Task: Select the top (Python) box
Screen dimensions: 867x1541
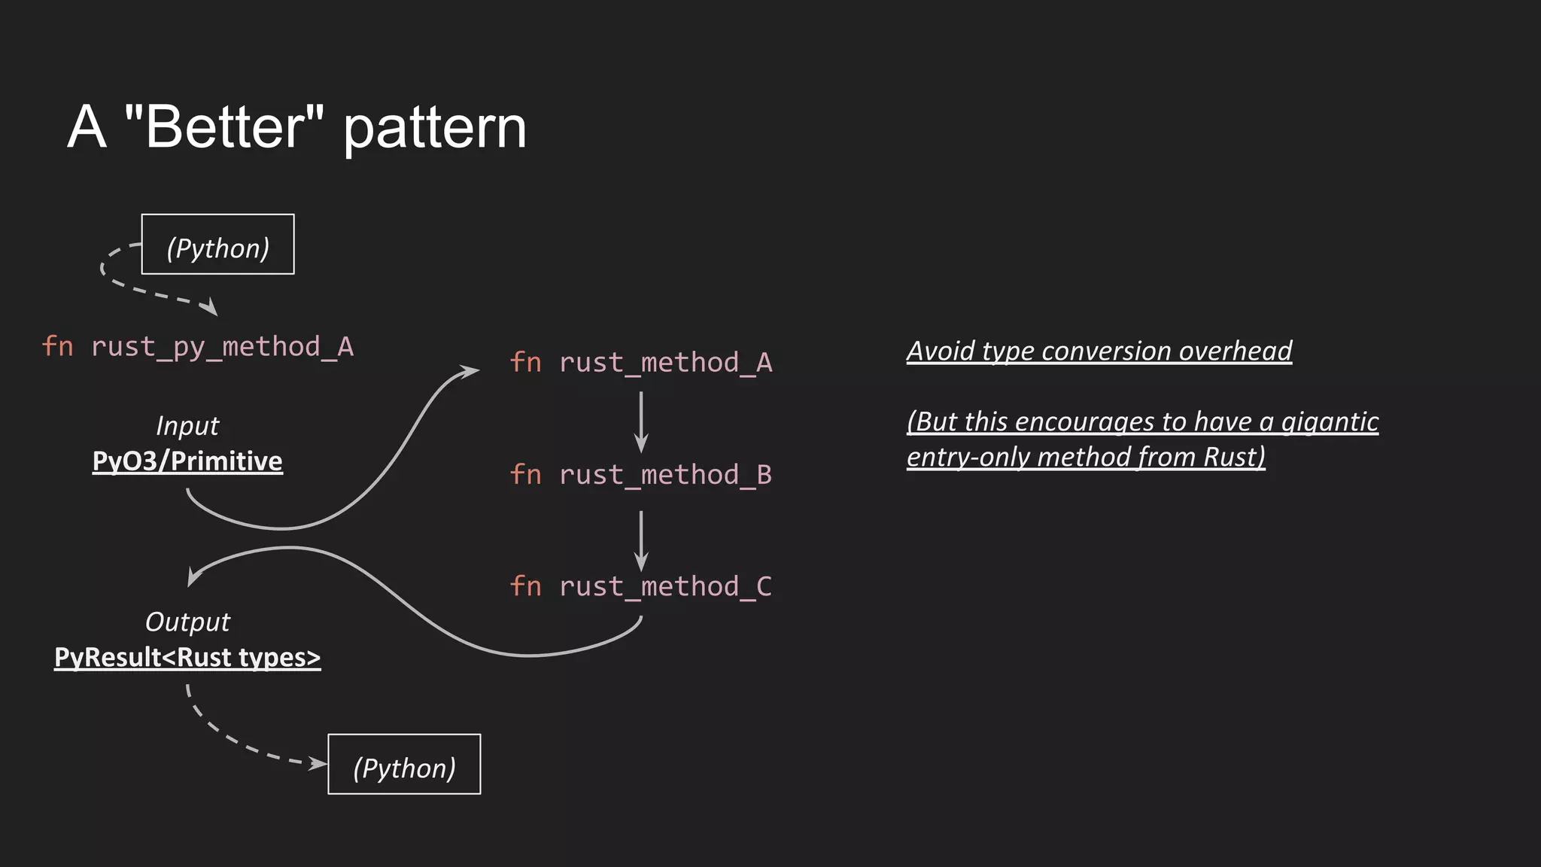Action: [218, 245]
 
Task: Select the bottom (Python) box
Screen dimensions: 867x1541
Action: [404, 765]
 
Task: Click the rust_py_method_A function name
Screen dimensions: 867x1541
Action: [222, 347]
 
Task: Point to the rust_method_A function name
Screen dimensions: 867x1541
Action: [665, 363]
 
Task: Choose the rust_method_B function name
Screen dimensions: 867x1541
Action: [665, 475]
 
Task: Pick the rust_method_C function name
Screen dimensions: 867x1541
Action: [665, 586]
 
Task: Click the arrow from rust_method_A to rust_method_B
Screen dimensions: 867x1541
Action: [641, 421]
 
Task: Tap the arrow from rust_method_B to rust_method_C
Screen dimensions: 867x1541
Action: [641, 540]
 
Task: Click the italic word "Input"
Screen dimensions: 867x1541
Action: [187, 426]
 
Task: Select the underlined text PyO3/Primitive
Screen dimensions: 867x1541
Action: [187, 461]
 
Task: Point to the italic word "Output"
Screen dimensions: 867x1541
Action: [187, 622]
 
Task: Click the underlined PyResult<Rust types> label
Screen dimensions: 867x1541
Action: [187, 658]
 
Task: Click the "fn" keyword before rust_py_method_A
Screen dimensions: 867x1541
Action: [57, 347]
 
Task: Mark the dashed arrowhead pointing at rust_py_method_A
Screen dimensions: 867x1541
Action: [210, 307]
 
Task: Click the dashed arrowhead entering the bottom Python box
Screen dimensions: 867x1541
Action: [319, 764]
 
